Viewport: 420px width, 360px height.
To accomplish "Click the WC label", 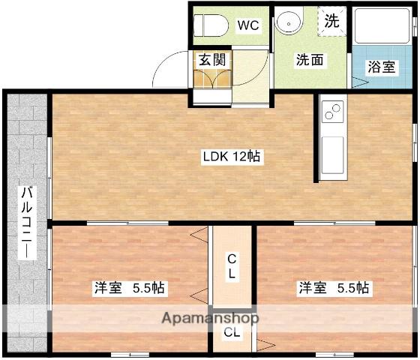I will pos(248,25).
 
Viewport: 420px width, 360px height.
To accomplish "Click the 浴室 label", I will pos(381,67).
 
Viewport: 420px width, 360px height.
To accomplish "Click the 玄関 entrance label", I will pos(211,60).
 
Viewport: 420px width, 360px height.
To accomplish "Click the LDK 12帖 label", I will pos(231,157).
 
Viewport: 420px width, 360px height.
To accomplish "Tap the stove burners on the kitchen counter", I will pos(331,113).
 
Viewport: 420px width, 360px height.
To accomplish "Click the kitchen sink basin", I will pos(331,154).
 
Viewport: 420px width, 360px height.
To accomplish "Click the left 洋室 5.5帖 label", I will pos(130,288).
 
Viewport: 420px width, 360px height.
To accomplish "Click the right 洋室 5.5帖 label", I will pos(334,288).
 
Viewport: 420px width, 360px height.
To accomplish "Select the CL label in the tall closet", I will pos(232,266).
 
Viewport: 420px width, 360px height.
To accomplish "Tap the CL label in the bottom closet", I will pos(232,333).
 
